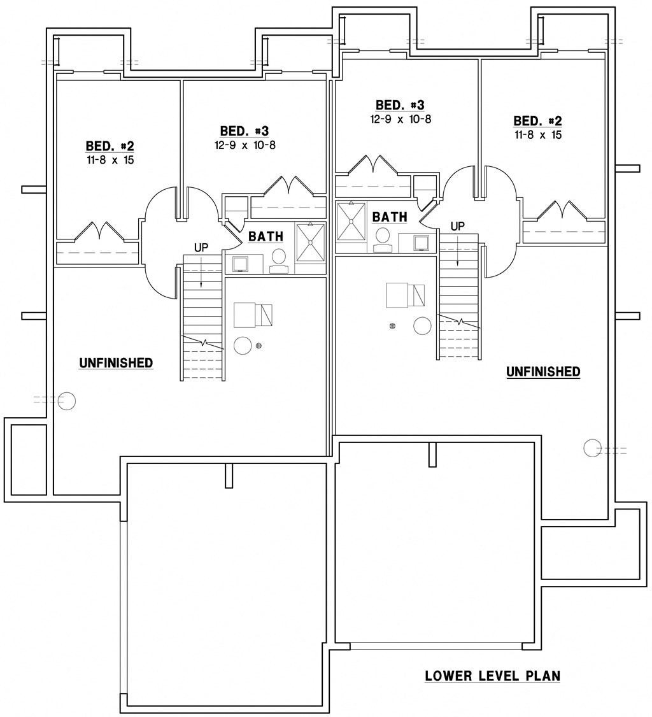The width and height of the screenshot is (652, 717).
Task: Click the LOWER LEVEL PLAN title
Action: (492, 676)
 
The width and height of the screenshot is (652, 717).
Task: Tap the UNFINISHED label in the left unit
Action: (116, 363)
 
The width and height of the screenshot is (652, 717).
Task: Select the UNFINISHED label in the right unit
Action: (543, 372)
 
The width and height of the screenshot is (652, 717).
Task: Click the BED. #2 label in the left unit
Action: (110, 146)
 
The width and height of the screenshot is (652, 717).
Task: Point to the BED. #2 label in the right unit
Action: (538, 121)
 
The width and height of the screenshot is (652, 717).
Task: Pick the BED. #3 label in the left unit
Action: (244, 131)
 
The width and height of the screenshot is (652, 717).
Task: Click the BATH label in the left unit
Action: (266, 237)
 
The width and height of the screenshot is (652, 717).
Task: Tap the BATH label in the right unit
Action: (390, 217)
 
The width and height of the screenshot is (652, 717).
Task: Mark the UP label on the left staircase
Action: (201, 248)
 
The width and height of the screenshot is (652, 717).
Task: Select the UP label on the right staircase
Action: (457, 226)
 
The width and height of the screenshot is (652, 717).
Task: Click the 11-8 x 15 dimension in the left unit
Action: (110, 160)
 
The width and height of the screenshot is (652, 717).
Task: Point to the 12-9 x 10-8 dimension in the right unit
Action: (400, 119)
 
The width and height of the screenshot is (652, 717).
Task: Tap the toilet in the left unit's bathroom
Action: (279, 259)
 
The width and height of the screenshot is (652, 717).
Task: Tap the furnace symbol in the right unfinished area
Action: (405, 296)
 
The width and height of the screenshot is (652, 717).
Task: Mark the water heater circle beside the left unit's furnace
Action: (243, 345)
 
